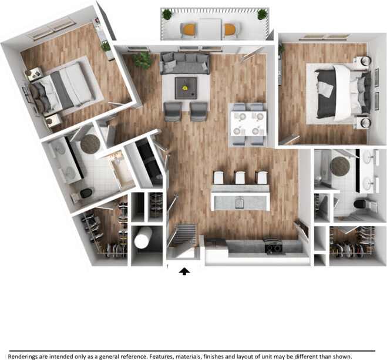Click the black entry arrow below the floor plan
click(186, 271)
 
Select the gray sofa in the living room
click(185, 63)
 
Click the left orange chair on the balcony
click(189, 29)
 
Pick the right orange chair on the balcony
click(229, 29)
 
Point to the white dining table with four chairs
click(247, 124)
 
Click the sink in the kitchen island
click(240, 203)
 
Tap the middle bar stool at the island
click(240, 177)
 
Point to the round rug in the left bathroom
click(90, 143)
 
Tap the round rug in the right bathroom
click(339, 165)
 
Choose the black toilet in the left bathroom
click(86, 192)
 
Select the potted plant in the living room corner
click(142, 59)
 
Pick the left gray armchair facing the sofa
click(173, 110)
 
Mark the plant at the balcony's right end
click(262, 14)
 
